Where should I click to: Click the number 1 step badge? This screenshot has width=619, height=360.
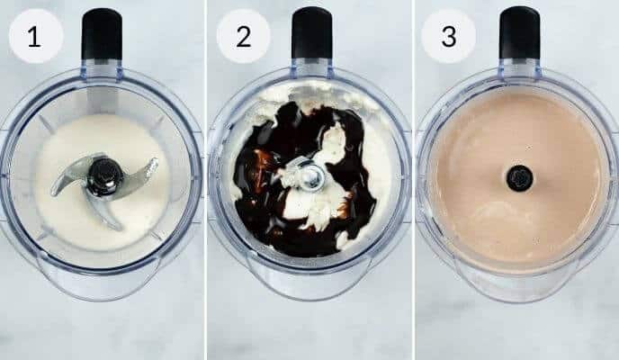[x=35, y=36]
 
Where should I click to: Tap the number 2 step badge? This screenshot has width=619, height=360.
[x=243, y=36]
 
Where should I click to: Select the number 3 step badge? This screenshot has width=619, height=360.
[x=448, y=36]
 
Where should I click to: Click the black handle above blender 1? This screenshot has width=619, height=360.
[x=102, y=33]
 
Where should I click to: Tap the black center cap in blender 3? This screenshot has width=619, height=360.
[x=518, y=177]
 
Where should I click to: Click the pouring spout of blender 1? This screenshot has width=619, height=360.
[x=102, y=286]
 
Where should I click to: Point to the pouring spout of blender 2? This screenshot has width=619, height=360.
[x=310, y=286]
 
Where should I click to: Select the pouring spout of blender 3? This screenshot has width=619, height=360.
[x=518, y=286]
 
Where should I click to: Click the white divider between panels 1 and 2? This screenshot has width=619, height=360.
[x=206, y=180]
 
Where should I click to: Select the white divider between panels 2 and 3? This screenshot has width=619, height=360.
[x=413, y=180]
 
